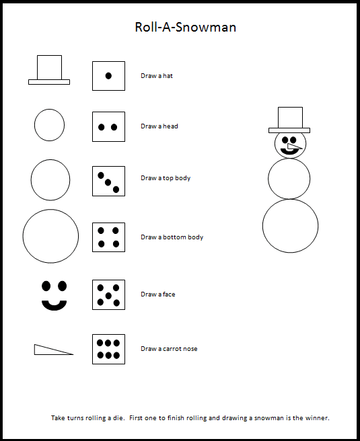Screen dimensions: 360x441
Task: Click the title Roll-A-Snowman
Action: [x=186, y=28]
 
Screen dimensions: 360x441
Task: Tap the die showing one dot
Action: [x=108, y=76]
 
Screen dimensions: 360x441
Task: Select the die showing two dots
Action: [x=108, y=127]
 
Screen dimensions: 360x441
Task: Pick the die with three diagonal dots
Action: [x=108, y=181]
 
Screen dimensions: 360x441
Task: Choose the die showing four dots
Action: [x=108, y=237]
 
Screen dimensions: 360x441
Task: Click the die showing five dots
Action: [x=108, y=294]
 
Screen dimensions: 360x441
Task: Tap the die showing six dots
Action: [x=108, y=350]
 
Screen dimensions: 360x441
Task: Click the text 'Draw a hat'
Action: [x=157, y=76]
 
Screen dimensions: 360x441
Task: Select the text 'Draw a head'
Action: [x=159, y=126]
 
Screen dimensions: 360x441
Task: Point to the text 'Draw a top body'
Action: [x=166, y=178]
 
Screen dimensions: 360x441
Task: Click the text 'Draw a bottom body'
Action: [x=172, y=237]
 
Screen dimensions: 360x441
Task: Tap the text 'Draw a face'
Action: [x=158, y=294]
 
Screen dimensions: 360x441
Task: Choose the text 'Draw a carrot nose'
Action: [x=169, y=349]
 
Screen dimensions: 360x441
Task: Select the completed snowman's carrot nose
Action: [x=294, y=147]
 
